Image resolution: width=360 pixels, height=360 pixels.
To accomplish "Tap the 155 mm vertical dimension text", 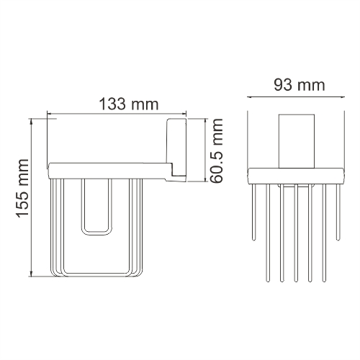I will [x=22, y=194].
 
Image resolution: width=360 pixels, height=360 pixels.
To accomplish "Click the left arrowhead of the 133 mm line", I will [x=50, y=114].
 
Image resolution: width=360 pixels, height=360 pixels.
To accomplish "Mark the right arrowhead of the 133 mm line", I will [x=184, y=114].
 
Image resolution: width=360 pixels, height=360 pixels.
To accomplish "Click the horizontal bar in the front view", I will [x=294, y=176].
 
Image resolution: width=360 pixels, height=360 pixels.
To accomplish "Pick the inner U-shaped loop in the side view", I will [x=97, y=209].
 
